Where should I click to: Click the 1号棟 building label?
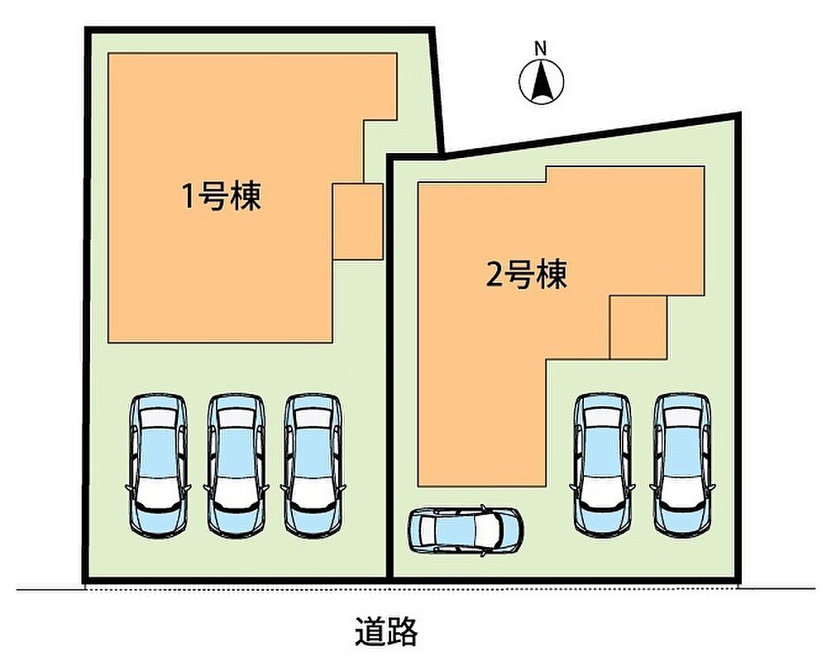(x=222, y=197)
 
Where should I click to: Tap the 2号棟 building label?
(x=526, y=275)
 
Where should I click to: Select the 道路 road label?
(x=386, y=631)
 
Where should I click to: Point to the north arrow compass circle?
(x=541, y=82)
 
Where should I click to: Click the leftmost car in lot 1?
(x=157, y=464)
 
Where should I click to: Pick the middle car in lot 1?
(x=235, y=464)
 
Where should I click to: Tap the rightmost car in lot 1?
(x=312, y=464)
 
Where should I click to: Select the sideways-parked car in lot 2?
(x=465, y=530)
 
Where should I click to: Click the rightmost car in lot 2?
(x=681, y=464)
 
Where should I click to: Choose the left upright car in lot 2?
(x=603, y=464)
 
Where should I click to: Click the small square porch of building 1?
(x=357, y=222)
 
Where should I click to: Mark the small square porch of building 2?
(x=638, y=327)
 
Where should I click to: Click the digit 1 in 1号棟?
(x=188, y=197)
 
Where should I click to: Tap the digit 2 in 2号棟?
(x=494, y=275)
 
